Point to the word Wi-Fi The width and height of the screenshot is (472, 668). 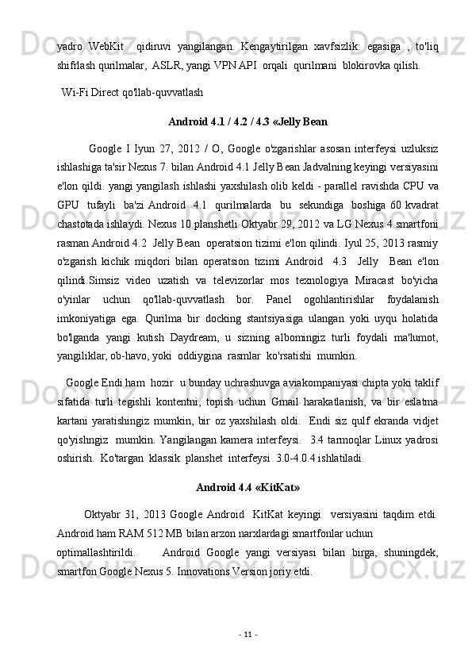(73, 91)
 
